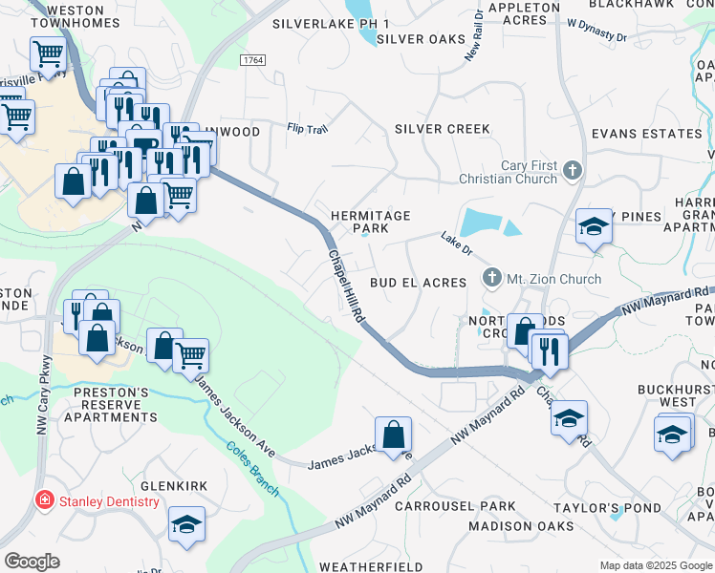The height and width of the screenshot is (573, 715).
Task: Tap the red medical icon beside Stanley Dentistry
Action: point(43,500)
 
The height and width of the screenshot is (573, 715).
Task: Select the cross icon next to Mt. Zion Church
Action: point(491,279)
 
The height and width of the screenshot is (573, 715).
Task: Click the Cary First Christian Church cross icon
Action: point(572,172)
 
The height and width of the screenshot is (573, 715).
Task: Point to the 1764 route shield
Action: point(252,60)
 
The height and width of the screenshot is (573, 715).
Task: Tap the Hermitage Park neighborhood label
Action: point(371,223)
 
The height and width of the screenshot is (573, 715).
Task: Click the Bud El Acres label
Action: point(418,283)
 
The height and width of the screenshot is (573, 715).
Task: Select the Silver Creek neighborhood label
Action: point(443,129)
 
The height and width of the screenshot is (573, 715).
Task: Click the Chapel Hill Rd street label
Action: point(347,285)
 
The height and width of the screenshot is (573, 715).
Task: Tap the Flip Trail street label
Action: point(308,128)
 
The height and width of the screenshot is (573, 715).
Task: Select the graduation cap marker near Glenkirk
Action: point(186,522)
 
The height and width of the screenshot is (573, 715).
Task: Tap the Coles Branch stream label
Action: point(253,469)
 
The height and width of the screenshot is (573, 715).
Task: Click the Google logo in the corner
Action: point(32,562)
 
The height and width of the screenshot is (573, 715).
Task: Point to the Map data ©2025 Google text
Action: point(656,565)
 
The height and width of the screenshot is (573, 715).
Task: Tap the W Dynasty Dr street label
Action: point(596,29)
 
